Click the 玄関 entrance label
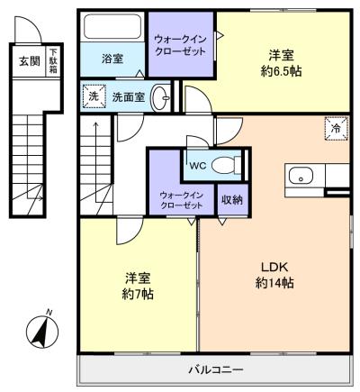(x=30, y=61)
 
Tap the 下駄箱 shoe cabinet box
(x=53, y=61)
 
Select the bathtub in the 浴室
(x=112, y=27)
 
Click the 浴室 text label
(x=112, y=59)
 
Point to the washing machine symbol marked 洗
(x=94, y=96)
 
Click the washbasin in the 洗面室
(x=161, y=97)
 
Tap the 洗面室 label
(x=129, y=97)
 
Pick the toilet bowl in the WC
(x=226, y=165)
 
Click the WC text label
(x=197, y=166)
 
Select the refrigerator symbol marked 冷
(x=337, y=128)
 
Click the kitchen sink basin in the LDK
(x=301, y=176)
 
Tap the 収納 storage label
(x=232, y=200)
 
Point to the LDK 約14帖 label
(x=274, y=275)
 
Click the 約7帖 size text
(x=138, y=295)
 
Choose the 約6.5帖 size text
(x=281, y=71)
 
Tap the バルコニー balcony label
(x=215, y=369)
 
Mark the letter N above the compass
(x=49, y=313)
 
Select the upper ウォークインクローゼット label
(x=180, y=45)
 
